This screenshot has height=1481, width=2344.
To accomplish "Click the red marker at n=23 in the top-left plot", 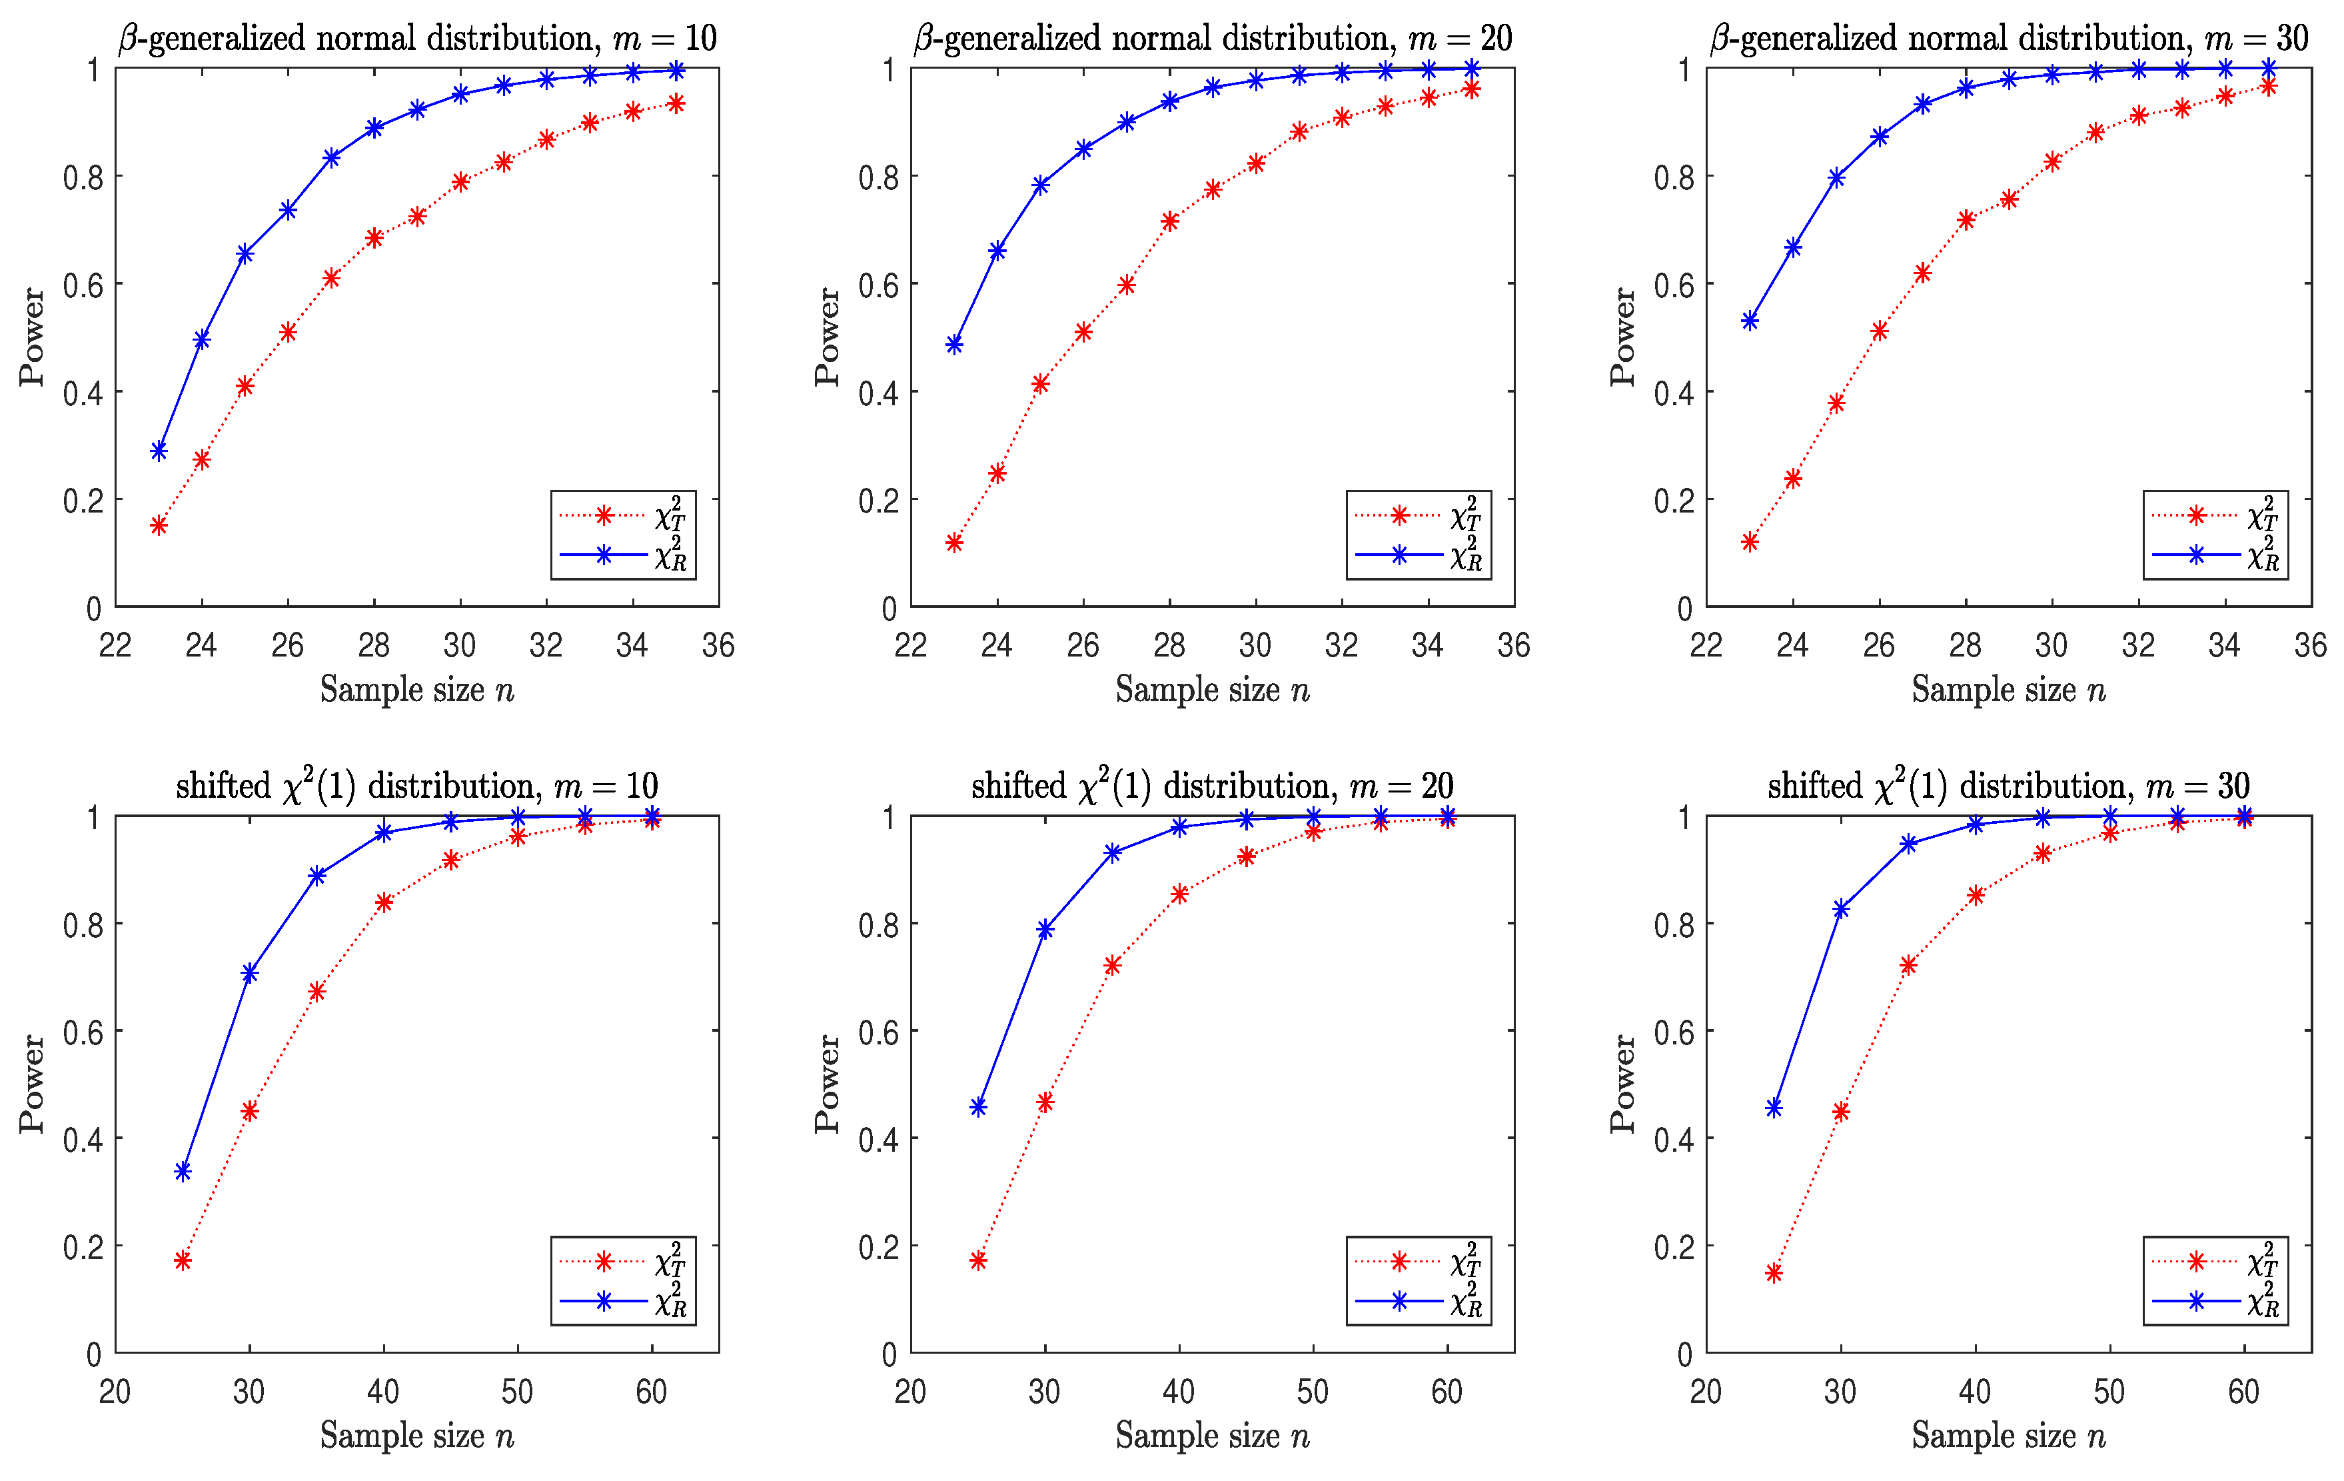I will tap(159, 526).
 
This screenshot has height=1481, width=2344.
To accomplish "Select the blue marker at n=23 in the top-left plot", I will tap(159, 451).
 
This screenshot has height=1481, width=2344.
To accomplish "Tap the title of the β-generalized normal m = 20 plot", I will tap(1212, 39).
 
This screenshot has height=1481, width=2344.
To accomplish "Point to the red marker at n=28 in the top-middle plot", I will tap(1170, 222).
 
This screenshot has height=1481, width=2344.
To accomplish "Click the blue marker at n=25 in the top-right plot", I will tap(1836, 178).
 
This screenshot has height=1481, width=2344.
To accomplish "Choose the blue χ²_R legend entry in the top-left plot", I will tap(623, 555).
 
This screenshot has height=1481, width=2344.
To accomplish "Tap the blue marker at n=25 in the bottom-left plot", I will tap(183, 1171).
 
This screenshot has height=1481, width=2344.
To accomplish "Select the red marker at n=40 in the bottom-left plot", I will tap(384, 902).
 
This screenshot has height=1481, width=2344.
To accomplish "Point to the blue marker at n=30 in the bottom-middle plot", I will tap(1045, 930).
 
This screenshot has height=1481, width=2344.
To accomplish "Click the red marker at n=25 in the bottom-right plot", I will tap(1774, 1272).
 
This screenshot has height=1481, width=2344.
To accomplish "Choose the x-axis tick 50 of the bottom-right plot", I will tap(2109, 1392).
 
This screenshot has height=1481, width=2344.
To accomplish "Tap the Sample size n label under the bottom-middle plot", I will tap(1212, 1435).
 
